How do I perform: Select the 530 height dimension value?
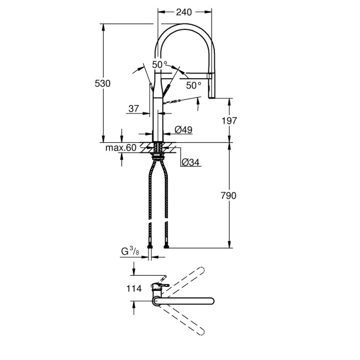tap(104, 83)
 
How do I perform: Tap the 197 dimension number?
tap(229, 120)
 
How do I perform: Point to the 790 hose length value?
tap(229, 196)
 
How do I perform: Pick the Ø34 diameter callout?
tap(191, 162)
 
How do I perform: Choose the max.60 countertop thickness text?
tap(121, 148)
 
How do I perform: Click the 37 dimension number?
tap(133, 109)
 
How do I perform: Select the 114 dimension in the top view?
tap(134, 288)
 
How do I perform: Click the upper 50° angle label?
tap(160, 65)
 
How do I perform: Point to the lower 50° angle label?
tap(193, 85)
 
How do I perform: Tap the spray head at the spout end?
tap(210, 86)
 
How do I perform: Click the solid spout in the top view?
tap(183, 301)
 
